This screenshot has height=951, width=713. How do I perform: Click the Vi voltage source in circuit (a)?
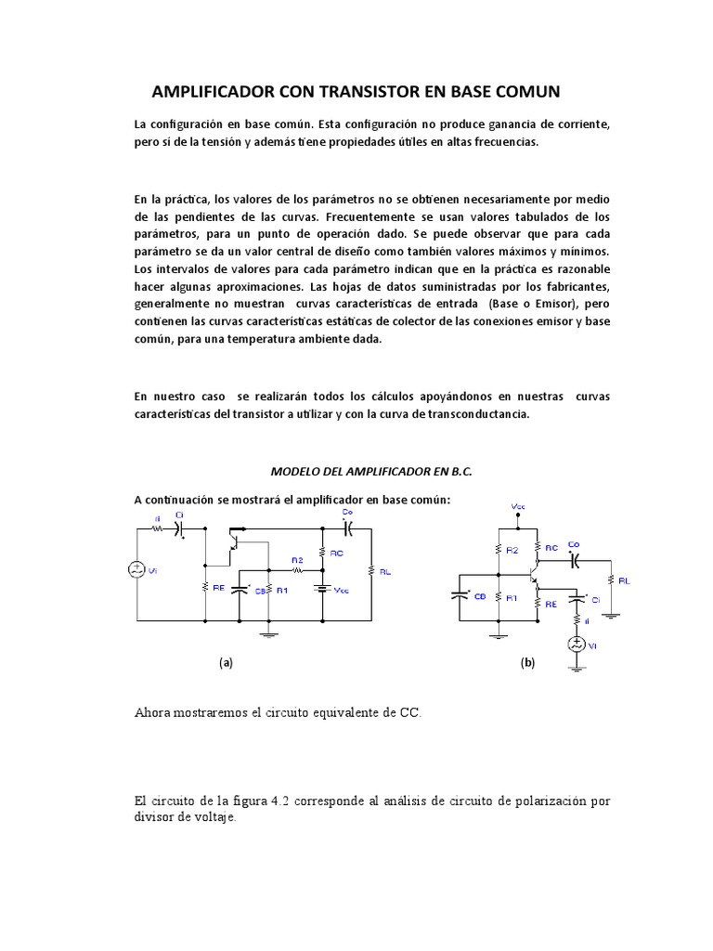(136, 569)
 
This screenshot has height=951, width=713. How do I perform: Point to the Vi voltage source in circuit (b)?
(577, 644)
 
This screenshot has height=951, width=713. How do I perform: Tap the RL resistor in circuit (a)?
(371, 572)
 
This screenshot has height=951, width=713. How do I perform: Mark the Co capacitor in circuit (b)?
(574, 560)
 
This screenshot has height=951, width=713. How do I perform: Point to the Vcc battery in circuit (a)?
(321, 588)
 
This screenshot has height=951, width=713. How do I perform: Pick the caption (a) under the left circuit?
(226, 663)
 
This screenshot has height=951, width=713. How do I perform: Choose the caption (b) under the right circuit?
(527, 663)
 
